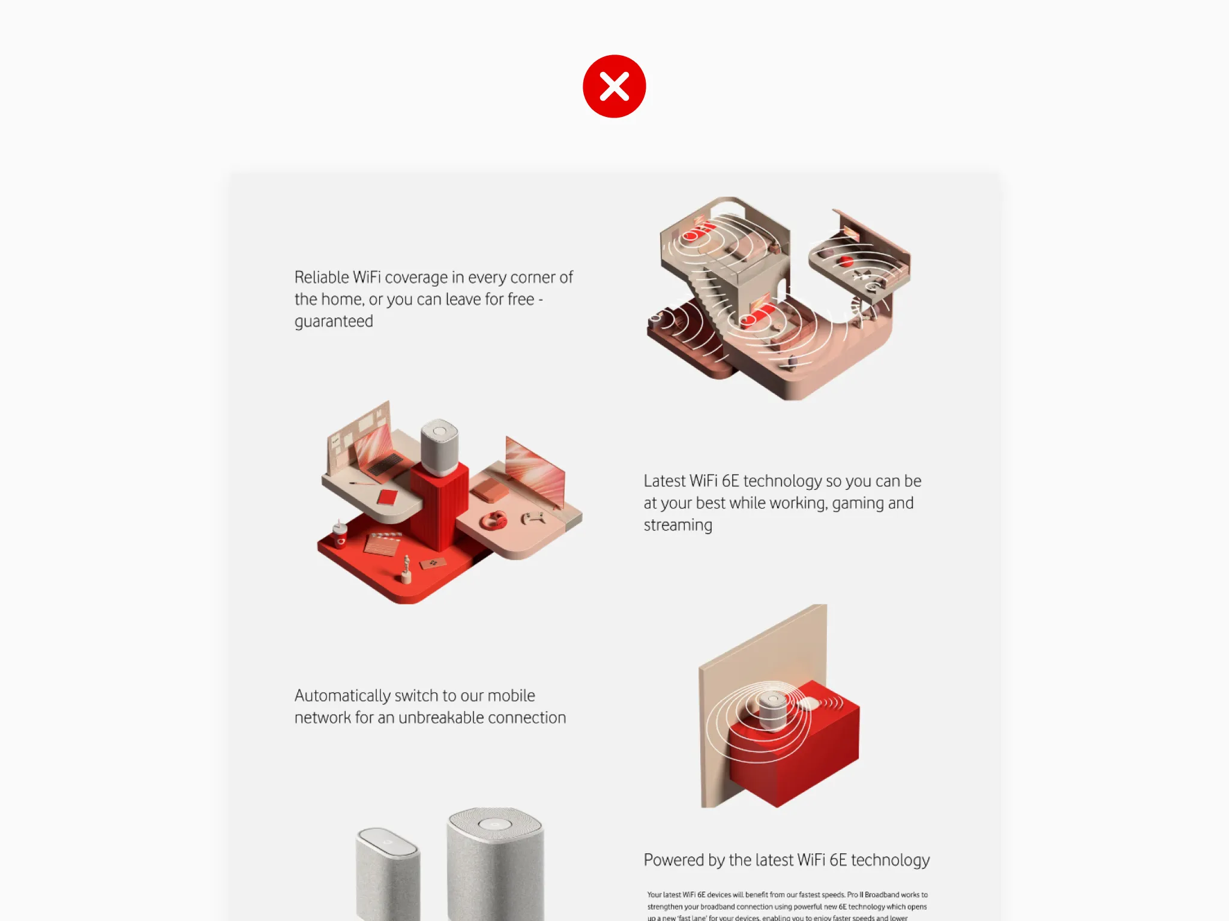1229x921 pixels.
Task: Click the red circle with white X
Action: [x=614, y=86]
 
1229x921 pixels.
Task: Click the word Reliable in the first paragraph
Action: [x=322, y=278]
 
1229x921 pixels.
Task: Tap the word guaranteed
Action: [x=334, y=322]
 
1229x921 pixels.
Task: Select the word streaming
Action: [x=678, y=525]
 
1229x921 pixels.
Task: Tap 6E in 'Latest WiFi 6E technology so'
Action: [x=730, y=481]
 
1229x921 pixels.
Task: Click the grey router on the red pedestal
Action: [x=439, y=447]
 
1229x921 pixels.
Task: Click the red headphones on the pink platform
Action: [x=493, y=520]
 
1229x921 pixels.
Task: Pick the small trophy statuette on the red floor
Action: [x=406, y=570]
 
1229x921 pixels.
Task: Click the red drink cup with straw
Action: [x=340, y=535]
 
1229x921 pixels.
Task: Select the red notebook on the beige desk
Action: [x=387, y=497]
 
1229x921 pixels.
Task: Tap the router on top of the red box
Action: [x=772, y=711]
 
